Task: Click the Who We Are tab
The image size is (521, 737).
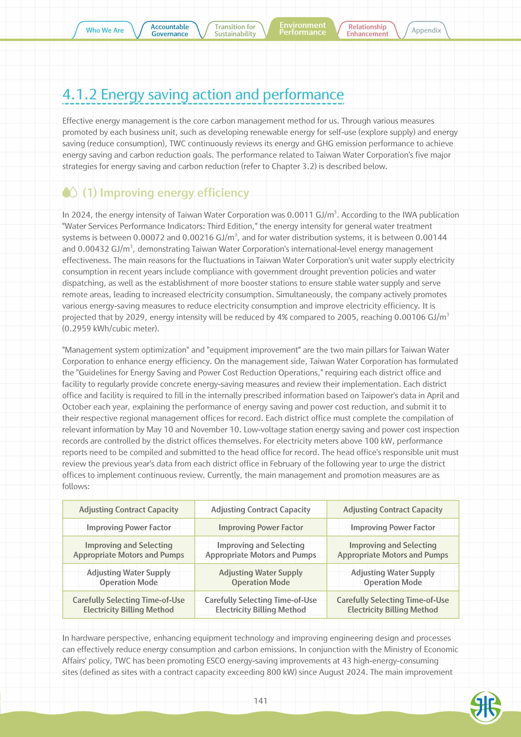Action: point(105,30)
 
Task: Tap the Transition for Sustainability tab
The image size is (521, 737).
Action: point(235,30)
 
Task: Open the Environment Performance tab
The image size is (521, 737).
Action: point(302,29)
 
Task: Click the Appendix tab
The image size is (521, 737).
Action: point(426,30)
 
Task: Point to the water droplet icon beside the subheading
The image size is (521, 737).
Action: point(70,193)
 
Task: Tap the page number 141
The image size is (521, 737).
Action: point(260,701)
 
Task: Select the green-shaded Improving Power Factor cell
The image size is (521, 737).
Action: point(261,527)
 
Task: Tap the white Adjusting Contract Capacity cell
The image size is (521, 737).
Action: point(261,510)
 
